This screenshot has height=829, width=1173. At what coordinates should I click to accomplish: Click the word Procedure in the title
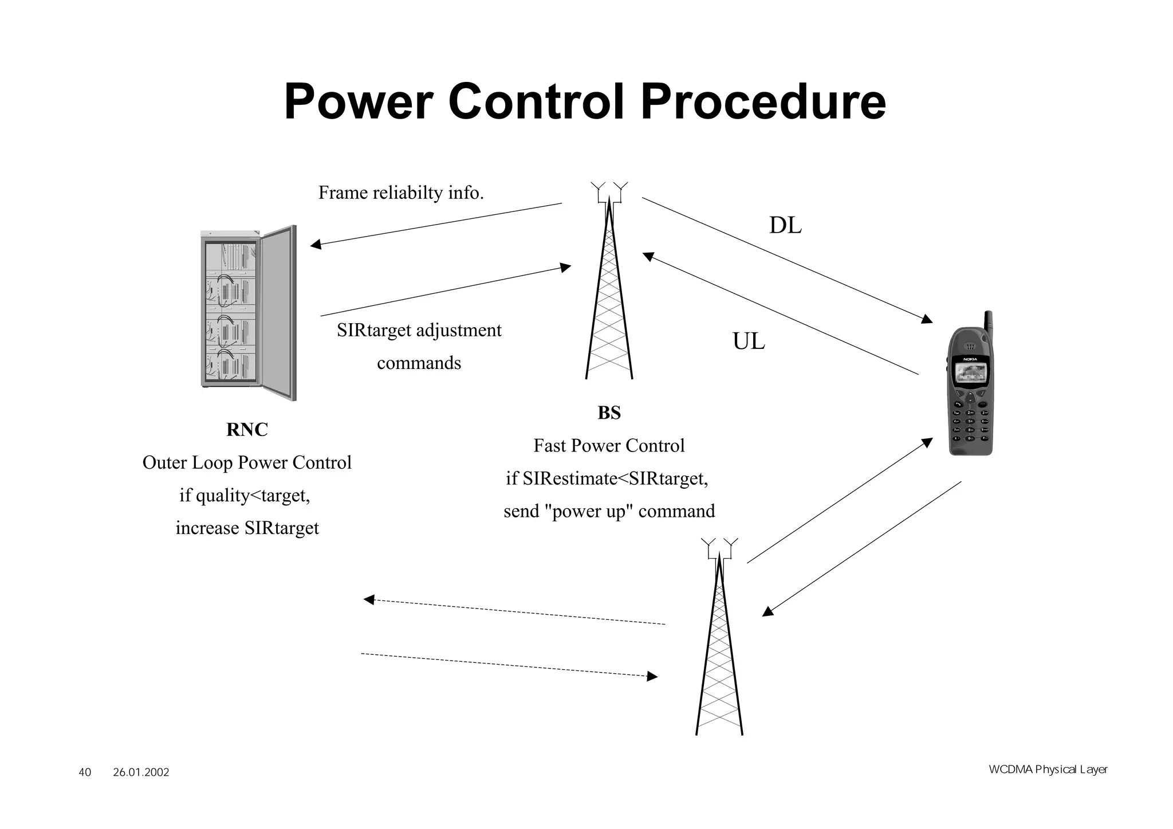coord(763,102)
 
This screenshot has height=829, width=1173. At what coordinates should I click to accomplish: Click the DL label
coord(785,226)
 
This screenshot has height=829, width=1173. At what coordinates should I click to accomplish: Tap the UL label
coord(749,342)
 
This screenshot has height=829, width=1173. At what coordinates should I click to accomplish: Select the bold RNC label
coord(247,430)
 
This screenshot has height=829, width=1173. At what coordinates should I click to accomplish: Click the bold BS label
coord(609,413)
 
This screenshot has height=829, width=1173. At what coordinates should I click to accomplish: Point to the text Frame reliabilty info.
coord(401,193)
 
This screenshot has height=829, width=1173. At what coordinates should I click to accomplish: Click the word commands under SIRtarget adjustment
coord(419,363)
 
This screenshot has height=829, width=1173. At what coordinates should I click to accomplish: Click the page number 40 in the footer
coord(85,773)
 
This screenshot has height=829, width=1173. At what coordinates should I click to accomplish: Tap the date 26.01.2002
coord(141,773)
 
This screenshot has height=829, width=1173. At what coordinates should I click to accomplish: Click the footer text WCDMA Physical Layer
coord(1048,769)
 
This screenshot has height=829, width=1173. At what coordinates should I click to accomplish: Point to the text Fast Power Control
coord(609,446)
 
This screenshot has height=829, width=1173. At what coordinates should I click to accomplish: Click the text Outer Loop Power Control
coord(247,462)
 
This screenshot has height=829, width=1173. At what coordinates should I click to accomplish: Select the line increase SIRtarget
coord(247,528)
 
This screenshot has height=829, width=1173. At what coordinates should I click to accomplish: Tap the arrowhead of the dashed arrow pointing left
coord(369,600)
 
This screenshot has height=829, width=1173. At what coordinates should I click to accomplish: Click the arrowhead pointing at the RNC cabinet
coord(316,245)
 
